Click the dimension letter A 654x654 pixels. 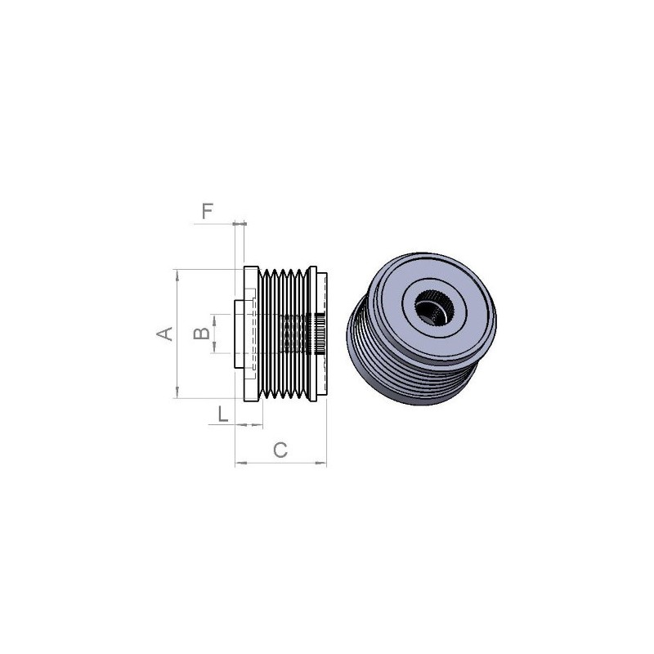pyautogui.click(x=164, y=334)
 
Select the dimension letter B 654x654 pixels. pyautogui.click(x=198, y=333)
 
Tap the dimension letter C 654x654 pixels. pyautogui.click(x=280, y=450)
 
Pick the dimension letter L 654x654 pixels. pyautogui.click(x=222, y=414)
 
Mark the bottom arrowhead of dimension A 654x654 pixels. pyautogui.click(x=177, y=395)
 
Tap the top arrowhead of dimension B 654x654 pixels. pyautogui.click(x=214, y=317)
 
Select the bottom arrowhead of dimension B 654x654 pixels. pyautogui.click(x=214, y=350)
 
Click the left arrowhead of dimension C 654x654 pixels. pyautogui.click(x=239, y=464)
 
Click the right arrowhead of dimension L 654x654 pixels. pyautogui.click(x=259, y=424)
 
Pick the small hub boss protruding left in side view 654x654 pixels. pyautogui.click(x=238, y=334)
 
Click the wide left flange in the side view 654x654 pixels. pyautogui.click(x=251, y=334)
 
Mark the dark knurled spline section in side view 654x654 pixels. pyautogui.click(x=314, y=334)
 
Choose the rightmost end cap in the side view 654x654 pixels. pyautogui.click(x=324, y=334)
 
